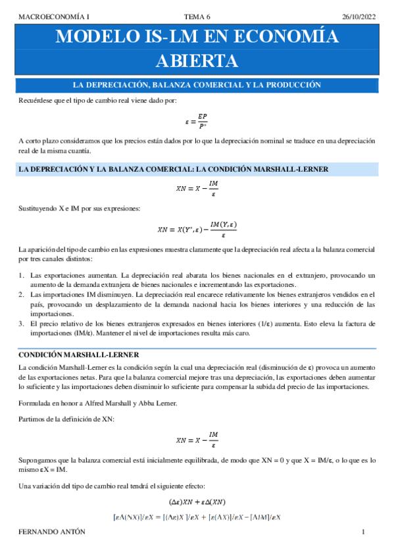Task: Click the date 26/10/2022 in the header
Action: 358,16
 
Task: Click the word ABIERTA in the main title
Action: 197,61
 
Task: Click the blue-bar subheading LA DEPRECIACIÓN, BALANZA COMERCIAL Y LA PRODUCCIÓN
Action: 197,85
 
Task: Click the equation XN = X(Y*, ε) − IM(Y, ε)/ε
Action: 197,230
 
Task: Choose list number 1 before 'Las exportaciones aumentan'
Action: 21,275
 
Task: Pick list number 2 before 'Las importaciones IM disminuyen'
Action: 21,294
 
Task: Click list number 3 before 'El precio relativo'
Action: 21,323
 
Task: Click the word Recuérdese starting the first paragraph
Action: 36,100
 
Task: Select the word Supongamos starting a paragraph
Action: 39,463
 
